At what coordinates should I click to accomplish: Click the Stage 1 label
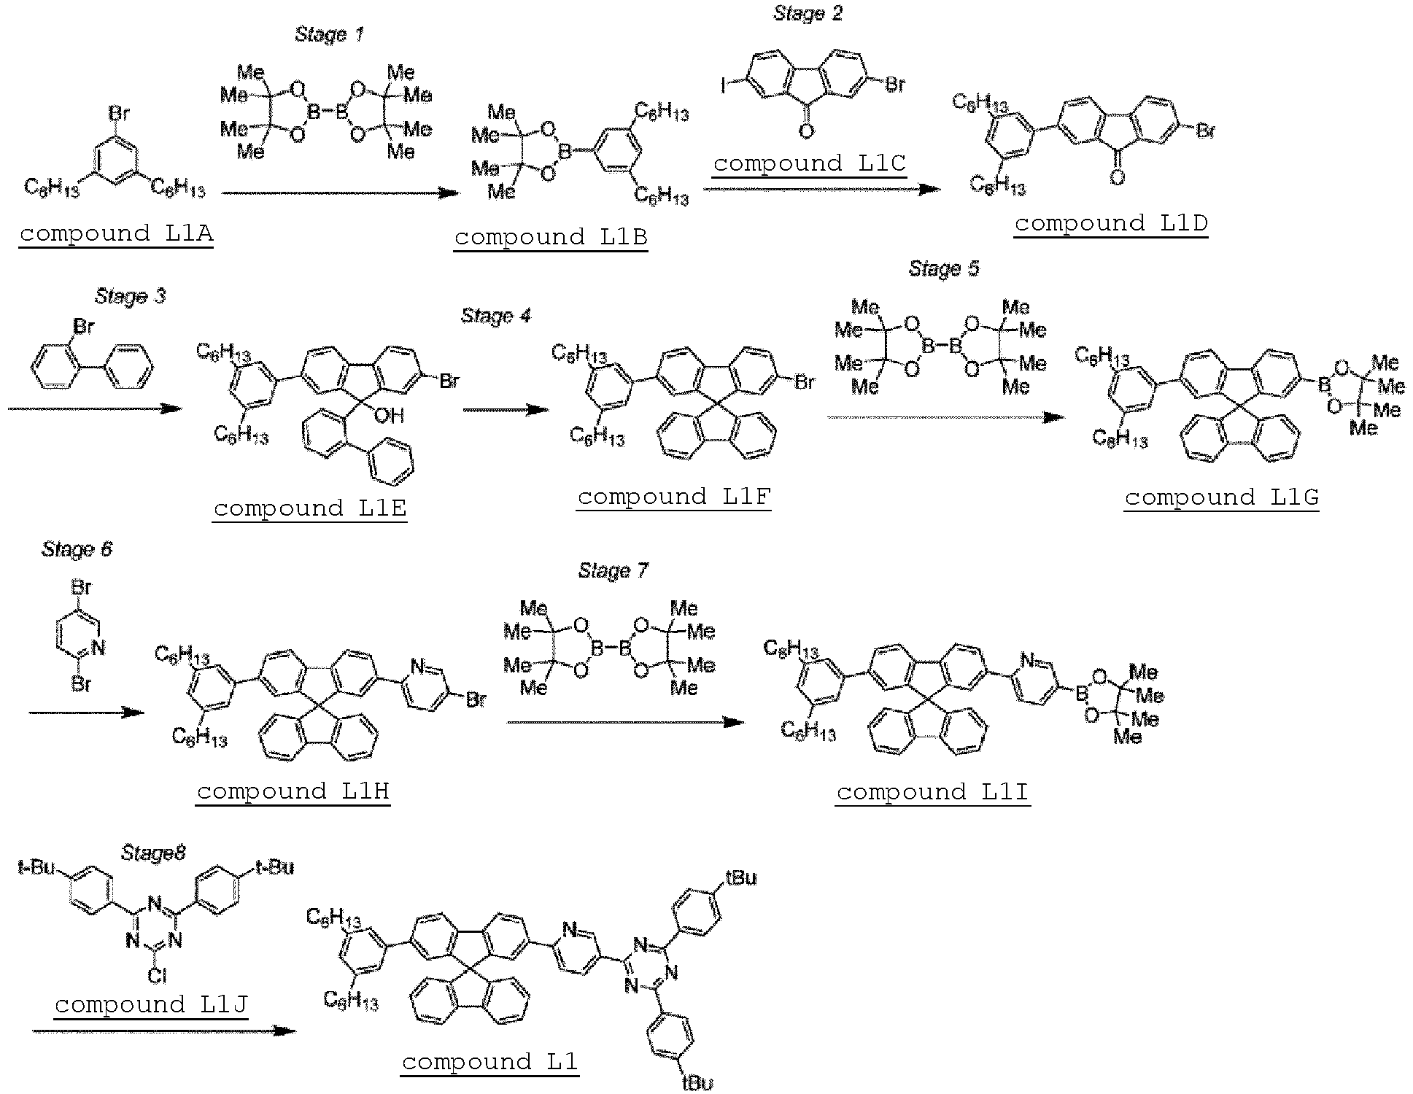[x=328, y=34]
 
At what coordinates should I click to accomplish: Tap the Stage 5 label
[x=944, y=269]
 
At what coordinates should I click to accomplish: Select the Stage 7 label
[x=613, y=570]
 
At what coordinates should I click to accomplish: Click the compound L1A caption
[x=117, y=233]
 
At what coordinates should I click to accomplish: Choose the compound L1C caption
[x=810, y=163]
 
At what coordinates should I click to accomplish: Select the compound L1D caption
[x=1111, y=223]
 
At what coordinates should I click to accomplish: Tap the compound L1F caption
[x=674, y=497]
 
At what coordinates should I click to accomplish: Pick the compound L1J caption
[x=151, y=1004]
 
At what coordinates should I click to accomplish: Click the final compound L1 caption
[x=489, y=1061]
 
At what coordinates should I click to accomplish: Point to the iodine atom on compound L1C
[x=724, y=86]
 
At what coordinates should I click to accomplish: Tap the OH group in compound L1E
[x=389, y=416]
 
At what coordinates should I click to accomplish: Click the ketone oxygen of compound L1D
[x=1117, y=177]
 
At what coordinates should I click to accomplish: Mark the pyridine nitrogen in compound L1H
[x=417, y=666]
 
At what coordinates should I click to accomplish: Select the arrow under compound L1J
[x=164, y=1031]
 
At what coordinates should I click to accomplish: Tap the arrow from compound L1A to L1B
[x=341, y=193]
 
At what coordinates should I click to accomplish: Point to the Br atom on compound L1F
[x=804, y=381]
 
